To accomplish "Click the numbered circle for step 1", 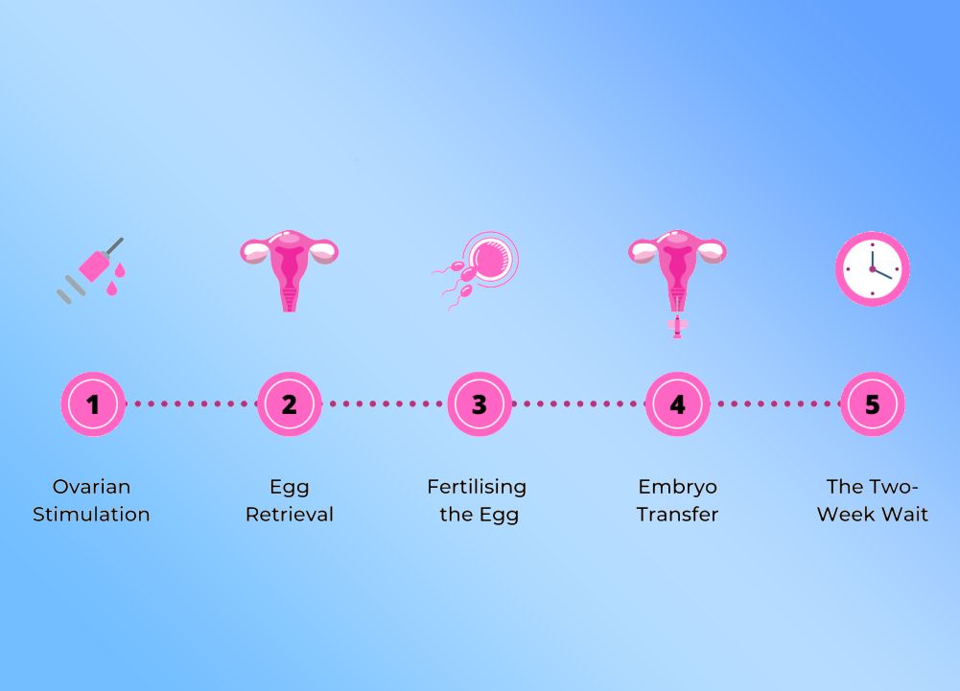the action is pos(93,403).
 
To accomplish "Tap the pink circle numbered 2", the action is pos(289,403).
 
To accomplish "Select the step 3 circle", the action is pos(480,403).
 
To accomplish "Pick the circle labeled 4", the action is pos(677,403).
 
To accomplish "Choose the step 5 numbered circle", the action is pos(873,403).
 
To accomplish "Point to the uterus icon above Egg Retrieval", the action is pos(289,270).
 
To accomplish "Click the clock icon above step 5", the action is pos(873,268).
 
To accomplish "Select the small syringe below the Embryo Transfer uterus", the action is pos(677,327).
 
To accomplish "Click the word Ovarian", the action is pos(91,487).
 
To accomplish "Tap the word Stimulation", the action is pos(91,514).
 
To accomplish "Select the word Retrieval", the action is pos(290,514).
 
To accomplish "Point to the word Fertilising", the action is pos(477,488).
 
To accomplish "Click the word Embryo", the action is pos(677,488).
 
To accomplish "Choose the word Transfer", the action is pos(677,514).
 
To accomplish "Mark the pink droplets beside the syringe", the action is pos(114,279).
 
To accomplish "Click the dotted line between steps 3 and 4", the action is pos(578,403).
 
